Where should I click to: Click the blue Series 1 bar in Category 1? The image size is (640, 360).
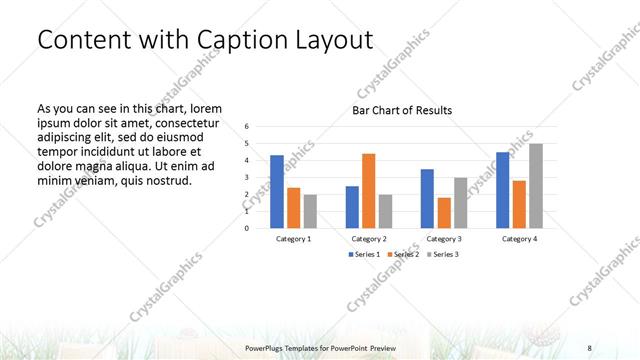coord(277,191)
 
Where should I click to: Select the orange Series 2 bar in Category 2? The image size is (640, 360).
coord(368,190)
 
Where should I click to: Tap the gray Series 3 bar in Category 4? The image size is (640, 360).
coord(536,185)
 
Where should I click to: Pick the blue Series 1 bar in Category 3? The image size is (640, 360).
coord(427,198)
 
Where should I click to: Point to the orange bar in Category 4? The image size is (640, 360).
coord(519,204)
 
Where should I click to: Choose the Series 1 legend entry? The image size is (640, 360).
coord(364,254)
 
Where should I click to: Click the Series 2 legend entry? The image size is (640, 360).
coord(403,254)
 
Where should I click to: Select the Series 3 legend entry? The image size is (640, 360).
coord(443,254)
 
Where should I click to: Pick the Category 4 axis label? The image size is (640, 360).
coord(519,239)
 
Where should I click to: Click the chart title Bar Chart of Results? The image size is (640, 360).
coord(402,110)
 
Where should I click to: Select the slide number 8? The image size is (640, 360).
coord(589,347)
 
